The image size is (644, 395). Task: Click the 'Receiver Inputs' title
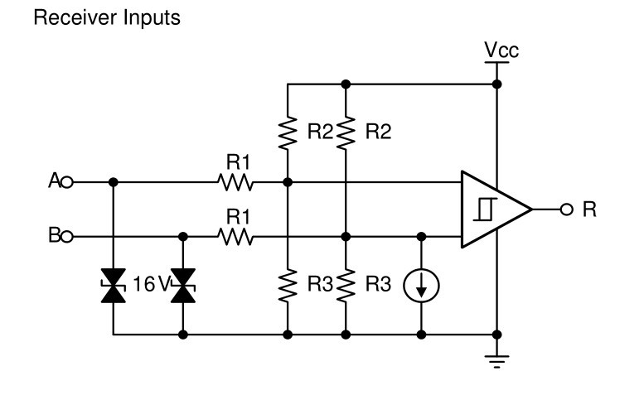tap(105, 18)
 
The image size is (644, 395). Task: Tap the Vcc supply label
tap(501, 52)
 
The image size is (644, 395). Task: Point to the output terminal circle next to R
tap(566, 209)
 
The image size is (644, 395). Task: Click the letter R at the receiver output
tap(588, 209)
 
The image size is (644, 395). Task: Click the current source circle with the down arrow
tap(421, 286)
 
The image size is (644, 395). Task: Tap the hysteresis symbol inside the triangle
tap(484, 209)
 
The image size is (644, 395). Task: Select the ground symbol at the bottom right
tap(496, 359)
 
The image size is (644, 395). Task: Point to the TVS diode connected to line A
tap(114, 286)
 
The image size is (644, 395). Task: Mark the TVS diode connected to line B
tap(182, 286)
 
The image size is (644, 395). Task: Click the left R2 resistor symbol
tap(288, 132)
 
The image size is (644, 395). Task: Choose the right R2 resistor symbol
tap(346, 132)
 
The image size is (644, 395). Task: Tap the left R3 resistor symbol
tap(288, 286)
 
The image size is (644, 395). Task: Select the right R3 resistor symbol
tap(346, 286)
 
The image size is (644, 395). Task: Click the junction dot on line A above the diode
tap(114, 181)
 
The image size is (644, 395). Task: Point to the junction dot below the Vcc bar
tap(496, 84)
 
